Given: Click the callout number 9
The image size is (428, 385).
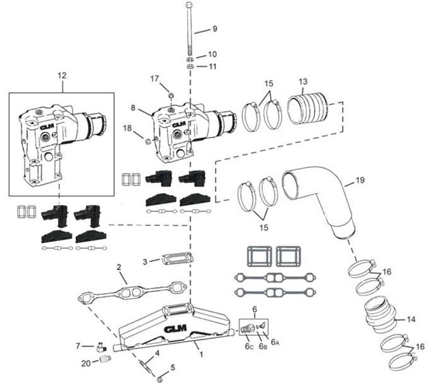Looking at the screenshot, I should pyautogui.click(x=214, y=29).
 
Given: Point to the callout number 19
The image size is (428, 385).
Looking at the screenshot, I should pyautogui.click(x=360, y=181).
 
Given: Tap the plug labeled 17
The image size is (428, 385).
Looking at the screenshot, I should pyautogui.click(x=171, y=94).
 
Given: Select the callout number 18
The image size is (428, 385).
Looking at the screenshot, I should pyautogui.click(x=128, y=128).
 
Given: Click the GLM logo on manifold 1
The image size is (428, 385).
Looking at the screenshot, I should pyautogui.click(x=175, y=329).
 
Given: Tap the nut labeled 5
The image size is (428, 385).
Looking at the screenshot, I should pyautogui.click(x=160, y=377).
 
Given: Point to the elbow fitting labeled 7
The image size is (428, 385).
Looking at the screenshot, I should pyautogui.click(x=99, y=345).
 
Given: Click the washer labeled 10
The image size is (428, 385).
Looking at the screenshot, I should pyautogui.click(x=190, y=55).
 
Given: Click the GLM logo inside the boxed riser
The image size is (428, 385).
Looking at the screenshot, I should pyautogui.click(x=46, y=126).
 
